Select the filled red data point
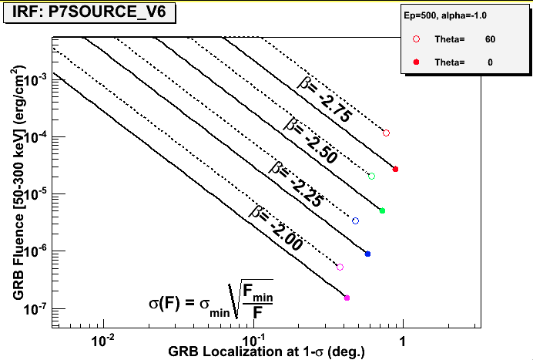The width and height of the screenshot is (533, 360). coord(395,169)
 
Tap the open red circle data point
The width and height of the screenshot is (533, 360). coord(387,133)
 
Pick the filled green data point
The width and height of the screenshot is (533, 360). coord(382,210)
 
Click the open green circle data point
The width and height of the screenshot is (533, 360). coord(372,177)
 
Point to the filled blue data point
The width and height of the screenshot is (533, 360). coord(367,254)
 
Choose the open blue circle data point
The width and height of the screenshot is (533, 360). coord(355,221)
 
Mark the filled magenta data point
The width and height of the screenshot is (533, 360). coord(347,298)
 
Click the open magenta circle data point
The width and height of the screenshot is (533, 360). coord(340,267)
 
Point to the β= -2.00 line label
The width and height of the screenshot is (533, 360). coord(277,228)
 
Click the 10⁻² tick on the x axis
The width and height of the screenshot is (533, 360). coord(103,340)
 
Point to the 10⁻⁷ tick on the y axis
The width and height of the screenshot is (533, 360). coord(45,308)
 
